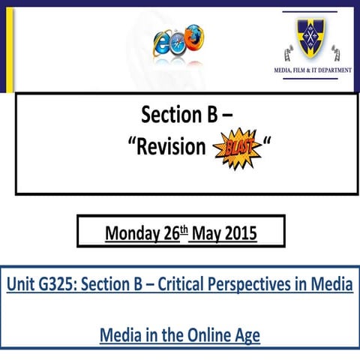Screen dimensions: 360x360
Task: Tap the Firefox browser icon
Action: (x=194, y=35)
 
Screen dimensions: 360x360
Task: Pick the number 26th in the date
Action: (x=175, y=233)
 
